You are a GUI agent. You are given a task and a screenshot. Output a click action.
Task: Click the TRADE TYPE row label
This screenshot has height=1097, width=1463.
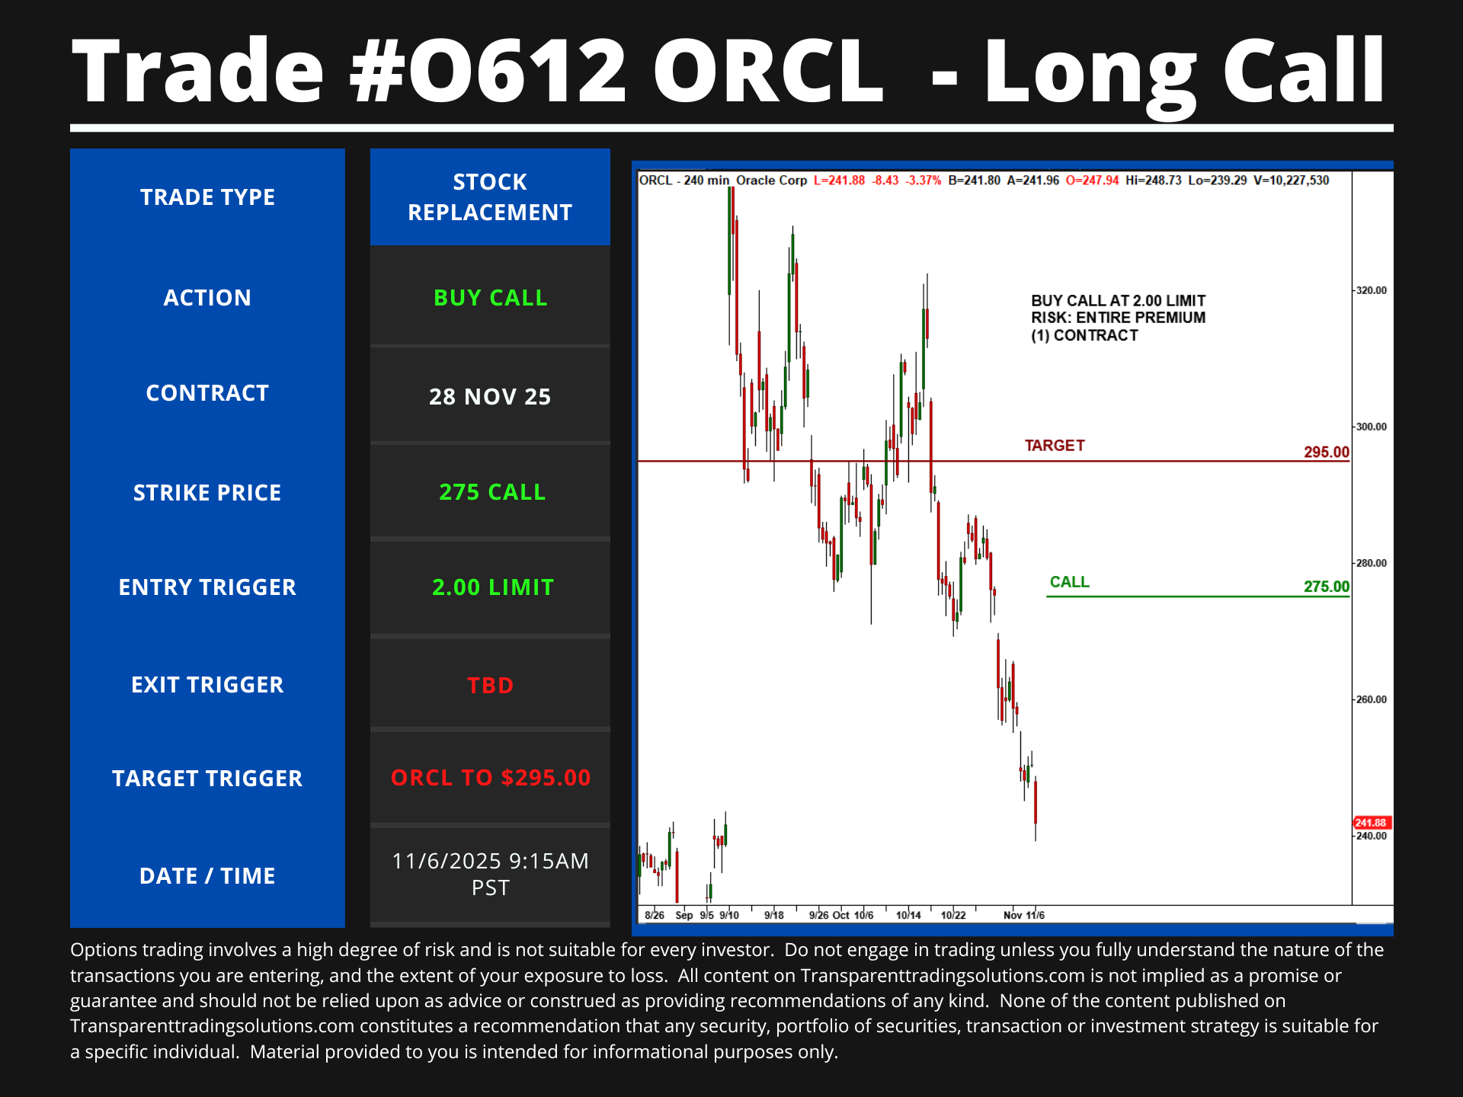coord(207,197)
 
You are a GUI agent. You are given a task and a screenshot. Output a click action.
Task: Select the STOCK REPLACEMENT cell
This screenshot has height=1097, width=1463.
coord(490,197)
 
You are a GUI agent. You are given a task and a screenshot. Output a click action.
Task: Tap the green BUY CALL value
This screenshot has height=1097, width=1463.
coord(491,298)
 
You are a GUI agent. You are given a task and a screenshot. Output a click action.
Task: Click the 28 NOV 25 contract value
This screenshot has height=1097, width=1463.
coord(490,397)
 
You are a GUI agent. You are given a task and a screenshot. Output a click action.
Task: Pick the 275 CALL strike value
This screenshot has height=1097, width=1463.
coord(492,492)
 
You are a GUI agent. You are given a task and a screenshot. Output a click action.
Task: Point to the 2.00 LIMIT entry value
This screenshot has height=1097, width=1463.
coord(493,587)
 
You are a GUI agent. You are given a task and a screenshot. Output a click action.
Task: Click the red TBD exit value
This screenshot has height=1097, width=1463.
coord(491,686)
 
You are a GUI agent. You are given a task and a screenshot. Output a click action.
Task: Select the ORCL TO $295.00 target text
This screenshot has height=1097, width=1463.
coord(491,778)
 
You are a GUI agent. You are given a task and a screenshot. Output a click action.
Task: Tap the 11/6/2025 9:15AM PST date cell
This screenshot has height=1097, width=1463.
coord(491,875)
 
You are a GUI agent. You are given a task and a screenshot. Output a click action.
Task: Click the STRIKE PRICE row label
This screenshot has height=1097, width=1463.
coord(207,493)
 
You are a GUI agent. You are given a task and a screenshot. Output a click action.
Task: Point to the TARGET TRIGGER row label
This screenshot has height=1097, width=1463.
coord(207,779)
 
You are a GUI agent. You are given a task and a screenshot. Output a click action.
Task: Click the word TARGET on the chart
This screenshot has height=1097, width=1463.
coord(1055,446)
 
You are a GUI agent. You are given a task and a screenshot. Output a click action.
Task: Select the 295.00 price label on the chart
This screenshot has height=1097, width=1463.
coord(1327,452)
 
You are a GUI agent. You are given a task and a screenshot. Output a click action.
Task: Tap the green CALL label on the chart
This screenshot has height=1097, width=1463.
coord(1070,582)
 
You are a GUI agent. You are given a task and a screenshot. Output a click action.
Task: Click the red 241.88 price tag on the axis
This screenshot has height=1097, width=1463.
coord(1372,823)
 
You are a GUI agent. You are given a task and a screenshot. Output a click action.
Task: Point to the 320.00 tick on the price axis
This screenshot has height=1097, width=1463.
coord(1372,290)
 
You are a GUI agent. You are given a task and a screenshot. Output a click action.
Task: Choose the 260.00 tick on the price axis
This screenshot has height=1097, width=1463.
coord(1372,699)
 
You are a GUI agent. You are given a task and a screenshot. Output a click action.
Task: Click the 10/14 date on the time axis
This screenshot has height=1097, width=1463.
coord(908,915)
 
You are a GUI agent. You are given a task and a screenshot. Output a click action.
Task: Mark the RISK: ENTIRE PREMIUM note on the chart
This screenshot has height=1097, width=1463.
coord(1119,318)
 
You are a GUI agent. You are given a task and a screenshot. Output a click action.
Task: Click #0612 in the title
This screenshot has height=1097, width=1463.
coord(488,71)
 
